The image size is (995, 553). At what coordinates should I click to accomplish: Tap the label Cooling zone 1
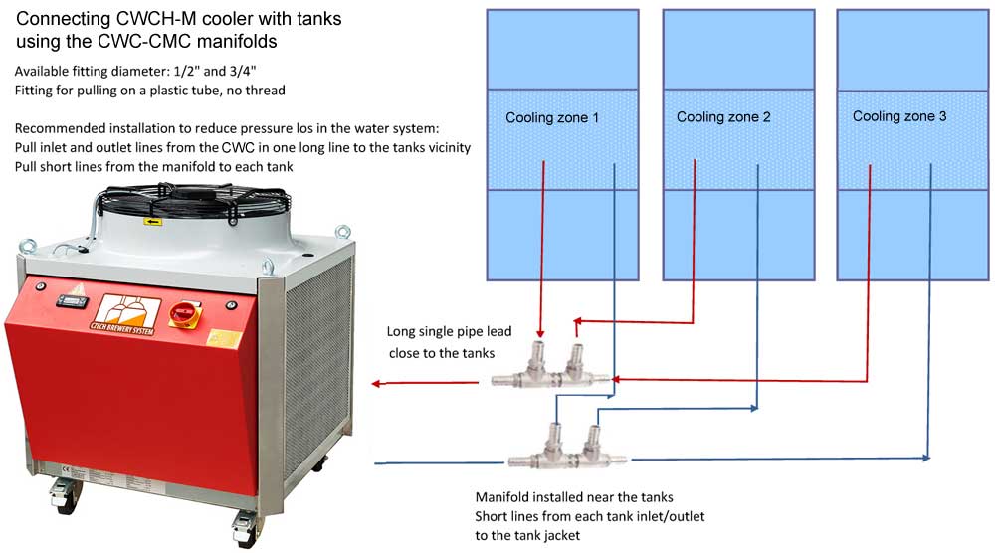point(552,117)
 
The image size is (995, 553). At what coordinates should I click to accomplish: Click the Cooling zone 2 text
point(723,117)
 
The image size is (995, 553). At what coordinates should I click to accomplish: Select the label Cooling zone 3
point(899,116)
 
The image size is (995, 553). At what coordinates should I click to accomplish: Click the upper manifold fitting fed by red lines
point(552,368)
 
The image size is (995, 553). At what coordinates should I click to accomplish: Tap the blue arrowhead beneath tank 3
point(926,458)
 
